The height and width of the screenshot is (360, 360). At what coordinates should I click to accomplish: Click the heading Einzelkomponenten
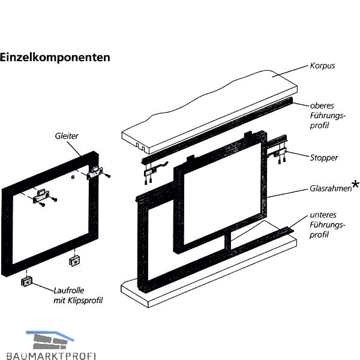pos(55,58)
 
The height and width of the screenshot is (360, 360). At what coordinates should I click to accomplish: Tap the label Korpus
pos(322,66)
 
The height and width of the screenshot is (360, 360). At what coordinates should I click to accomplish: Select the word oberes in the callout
pos(322,106)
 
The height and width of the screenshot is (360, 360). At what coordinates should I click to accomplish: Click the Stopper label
pos(324,158)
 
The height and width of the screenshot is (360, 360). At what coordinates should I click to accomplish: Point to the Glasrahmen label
pos(331,188)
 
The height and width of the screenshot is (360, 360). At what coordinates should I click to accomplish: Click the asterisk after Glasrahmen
pos(355,184)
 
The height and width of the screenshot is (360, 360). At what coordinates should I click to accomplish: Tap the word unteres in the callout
pos(323,215)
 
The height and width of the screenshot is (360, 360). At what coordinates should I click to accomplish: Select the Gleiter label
pos(67,136)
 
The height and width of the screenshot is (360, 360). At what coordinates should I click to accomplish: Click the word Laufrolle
pos(69,290)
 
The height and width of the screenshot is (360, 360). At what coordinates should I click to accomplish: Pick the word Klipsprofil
pos(85,301)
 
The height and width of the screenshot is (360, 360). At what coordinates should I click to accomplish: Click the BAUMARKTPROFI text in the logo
pos(51,356)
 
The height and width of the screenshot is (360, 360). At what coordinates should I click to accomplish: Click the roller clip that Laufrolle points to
pos(27,281)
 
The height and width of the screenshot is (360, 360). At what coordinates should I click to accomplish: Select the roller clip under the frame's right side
pos(74,261)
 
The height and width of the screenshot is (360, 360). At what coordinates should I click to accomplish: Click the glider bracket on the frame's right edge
pos(95,172)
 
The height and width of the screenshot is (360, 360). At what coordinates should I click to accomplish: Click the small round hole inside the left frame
pos(73,177)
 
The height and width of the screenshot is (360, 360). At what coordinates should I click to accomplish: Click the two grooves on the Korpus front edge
pos(140,146)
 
